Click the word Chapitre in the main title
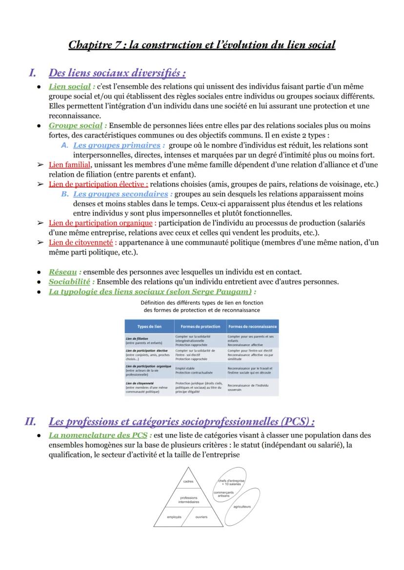(x=89, y=45)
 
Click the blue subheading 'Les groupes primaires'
(x=117, y=145)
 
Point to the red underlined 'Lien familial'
(x=69, y=165)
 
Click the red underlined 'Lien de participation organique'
(x=101, y=223)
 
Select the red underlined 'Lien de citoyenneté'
(x=81, y=242)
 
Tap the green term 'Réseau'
(x=62, y=272)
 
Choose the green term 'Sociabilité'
(x=69, y=281)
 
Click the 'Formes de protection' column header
(x=200, y=326)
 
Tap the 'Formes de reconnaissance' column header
(x=252, y=326)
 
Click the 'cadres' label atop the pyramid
(x=188, y=482)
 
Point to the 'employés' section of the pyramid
(x=174, y=517)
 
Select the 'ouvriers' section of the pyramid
(x=201, y=517)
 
